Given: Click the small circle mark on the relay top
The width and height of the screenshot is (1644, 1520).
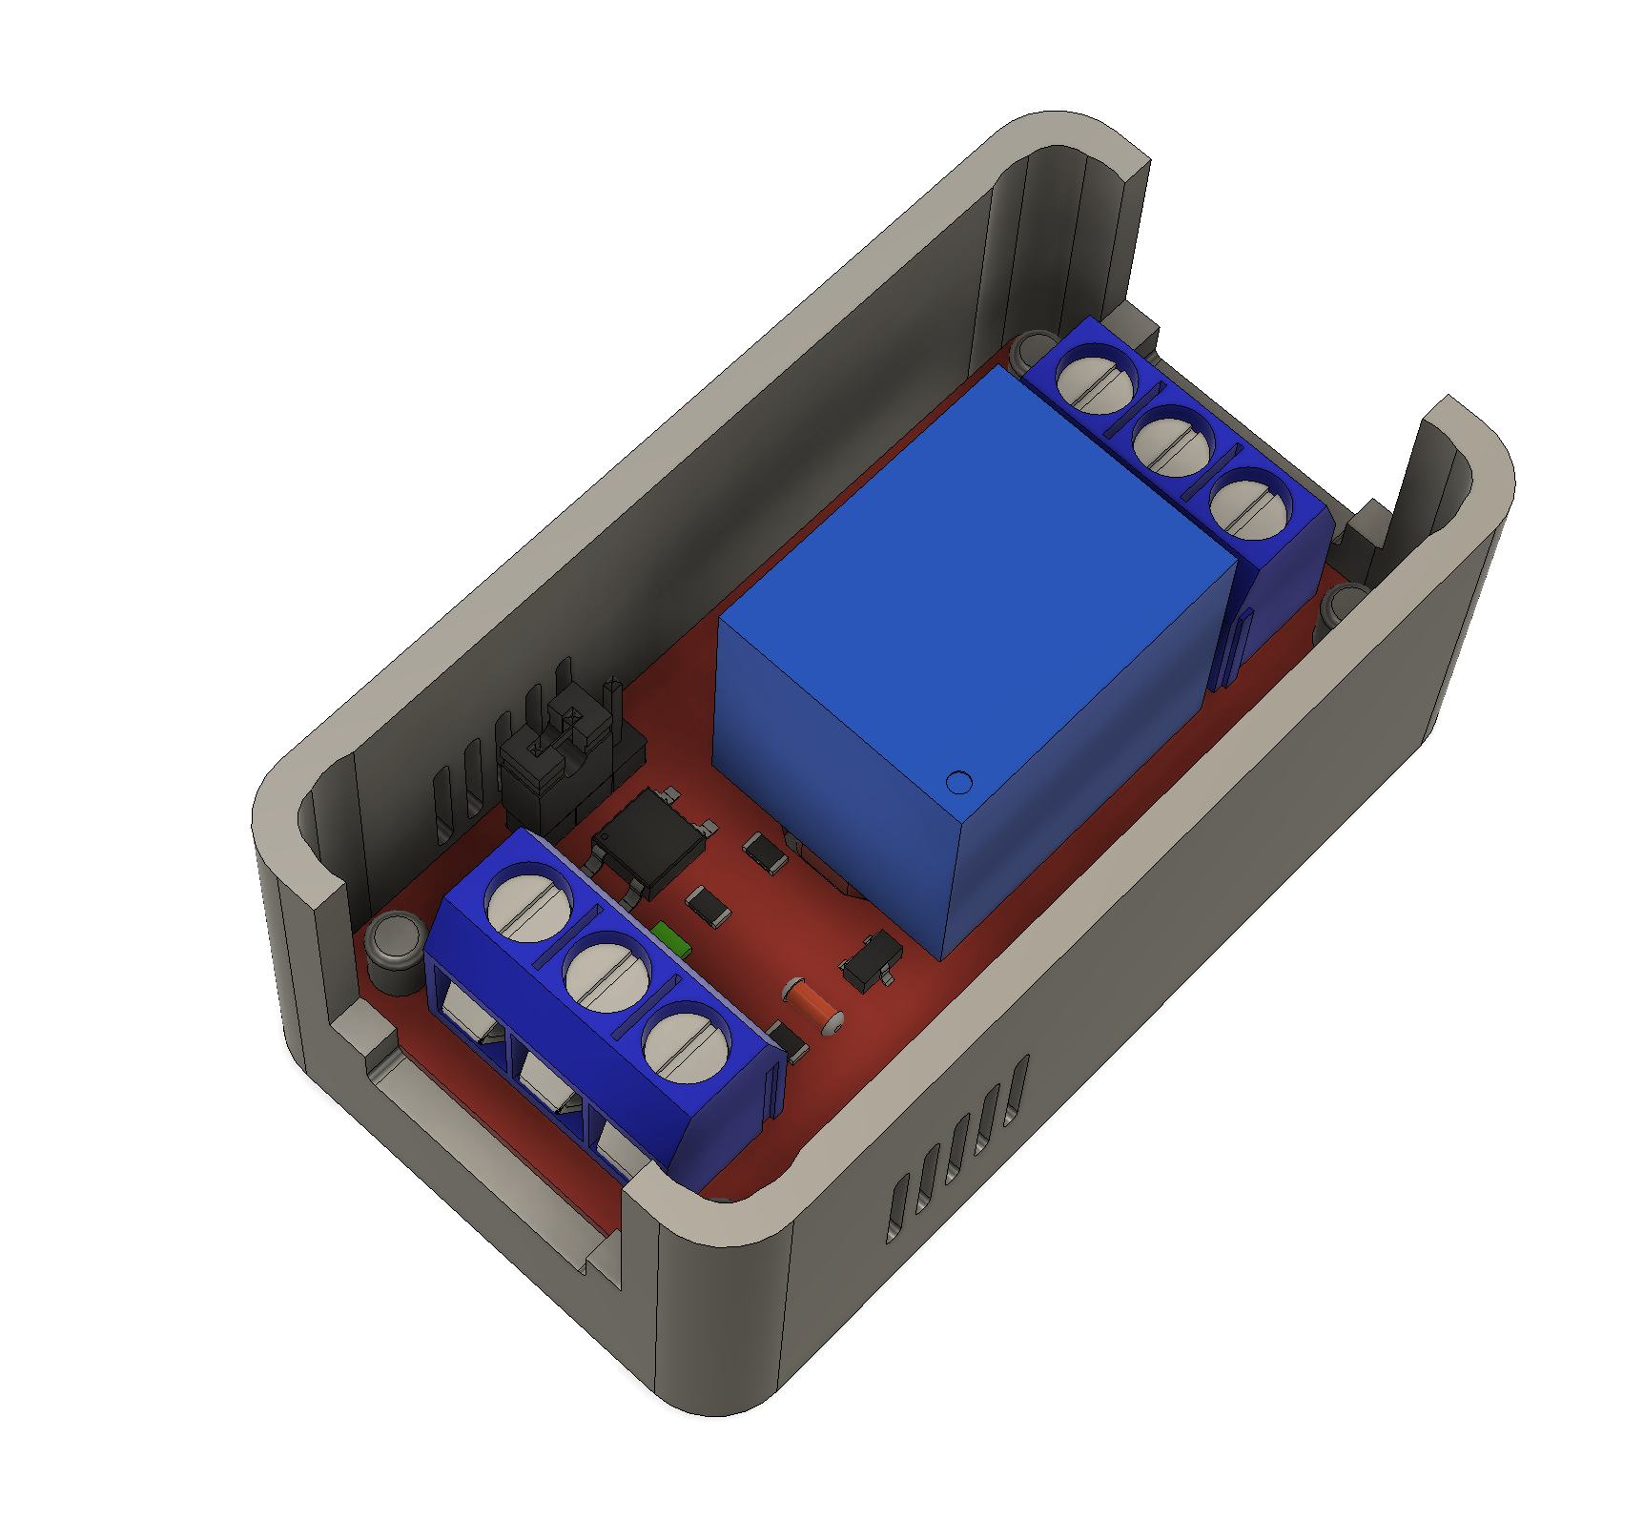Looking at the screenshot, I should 958,783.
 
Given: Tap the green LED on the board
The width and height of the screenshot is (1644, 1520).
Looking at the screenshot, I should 672,938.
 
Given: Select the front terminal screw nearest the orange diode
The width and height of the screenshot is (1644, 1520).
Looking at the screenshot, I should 687,1045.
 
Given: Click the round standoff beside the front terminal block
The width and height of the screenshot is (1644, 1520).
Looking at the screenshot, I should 396,939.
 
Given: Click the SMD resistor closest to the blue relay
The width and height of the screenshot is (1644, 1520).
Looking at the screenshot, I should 766,852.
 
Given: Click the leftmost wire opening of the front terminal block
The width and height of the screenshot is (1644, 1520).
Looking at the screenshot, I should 467,1016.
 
